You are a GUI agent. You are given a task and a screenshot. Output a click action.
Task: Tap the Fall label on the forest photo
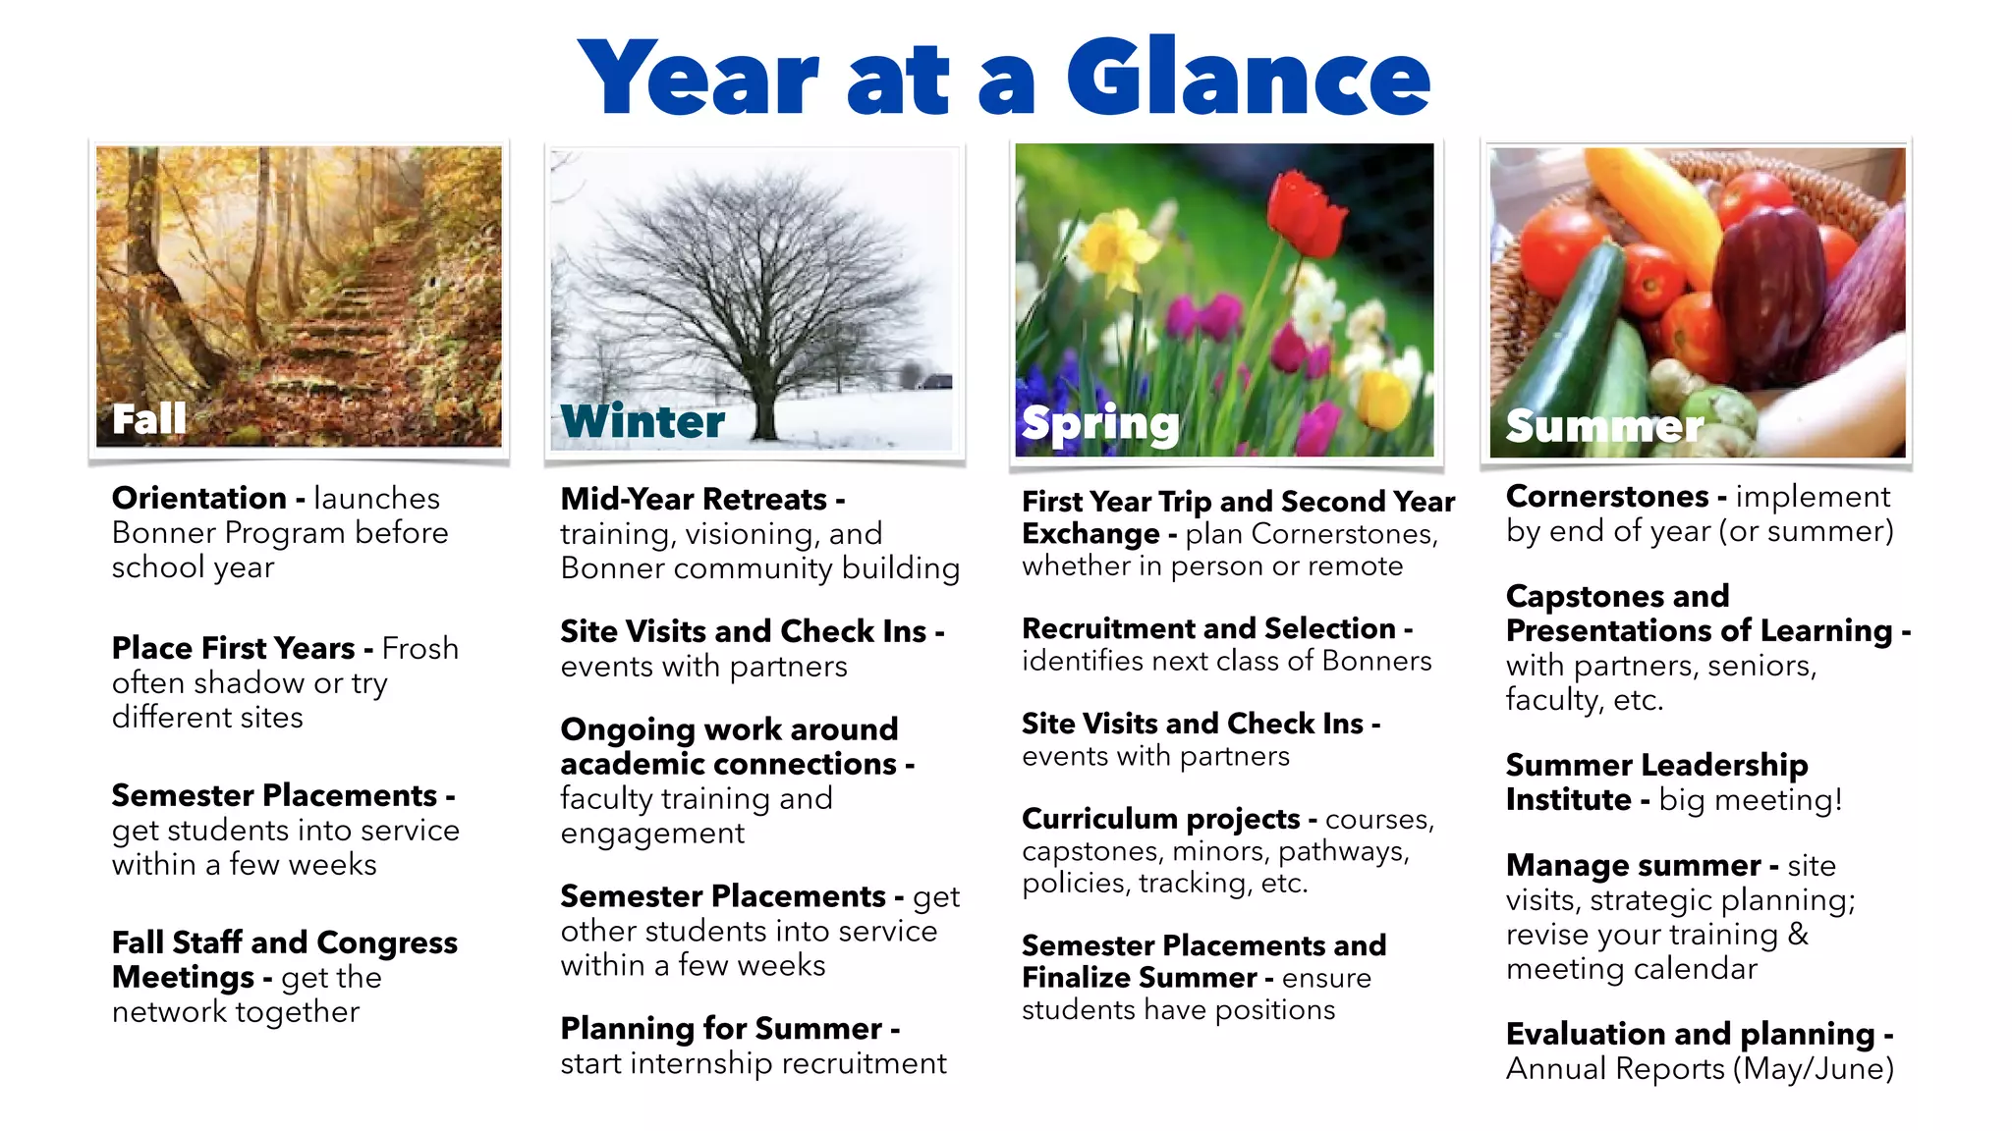149,419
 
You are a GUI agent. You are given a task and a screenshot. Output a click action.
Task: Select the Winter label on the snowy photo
643,421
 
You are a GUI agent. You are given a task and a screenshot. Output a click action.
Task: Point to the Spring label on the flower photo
1100,423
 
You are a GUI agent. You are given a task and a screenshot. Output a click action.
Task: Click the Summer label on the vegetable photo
1604,426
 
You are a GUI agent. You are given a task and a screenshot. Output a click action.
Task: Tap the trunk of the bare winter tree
764,403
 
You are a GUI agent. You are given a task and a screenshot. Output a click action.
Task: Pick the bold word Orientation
199,498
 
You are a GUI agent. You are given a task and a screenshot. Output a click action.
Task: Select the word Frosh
420,648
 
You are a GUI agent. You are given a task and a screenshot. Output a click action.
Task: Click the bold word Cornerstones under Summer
1607,496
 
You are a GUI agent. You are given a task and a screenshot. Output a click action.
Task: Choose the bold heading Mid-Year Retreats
694,499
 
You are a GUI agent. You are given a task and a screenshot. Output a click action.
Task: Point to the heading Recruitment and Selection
1209,628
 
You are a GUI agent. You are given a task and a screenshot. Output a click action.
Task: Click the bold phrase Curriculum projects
1161,819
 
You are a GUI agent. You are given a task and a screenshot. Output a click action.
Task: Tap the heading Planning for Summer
722,1028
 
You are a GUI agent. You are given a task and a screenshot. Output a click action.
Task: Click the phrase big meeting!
1751,800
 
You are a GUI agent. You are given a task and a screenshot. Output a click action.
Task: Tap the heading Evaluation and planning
1691,1034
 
